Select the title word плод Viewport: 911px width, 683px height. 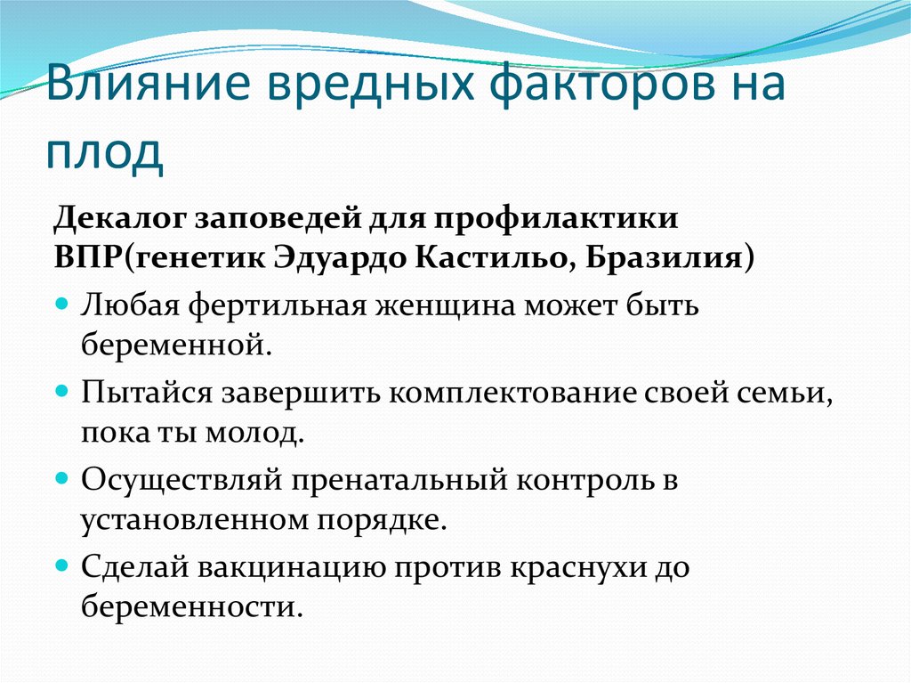pos(105,157)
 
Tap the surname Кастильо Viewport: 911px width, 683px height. pos(489,257)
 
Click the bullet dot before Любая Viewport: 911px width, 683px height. pos(62,304)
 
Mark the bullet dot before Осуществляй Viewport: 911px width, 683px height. pos(62,478)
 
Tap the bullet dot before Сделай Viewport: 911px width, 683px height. pos(62,565)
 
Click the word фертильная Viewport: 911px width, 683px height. pos(278,305)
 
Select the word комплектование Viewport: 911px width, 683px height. pos(512,394)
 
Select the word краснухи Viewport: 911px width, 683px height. pos(578,568)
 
